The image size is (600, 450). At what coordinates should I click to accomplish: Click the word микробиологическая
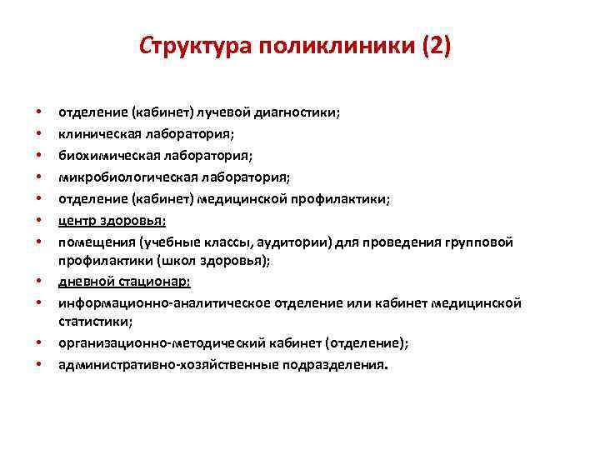117,177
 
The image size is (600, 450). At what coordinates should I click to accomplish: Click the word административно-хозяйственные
153,364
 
